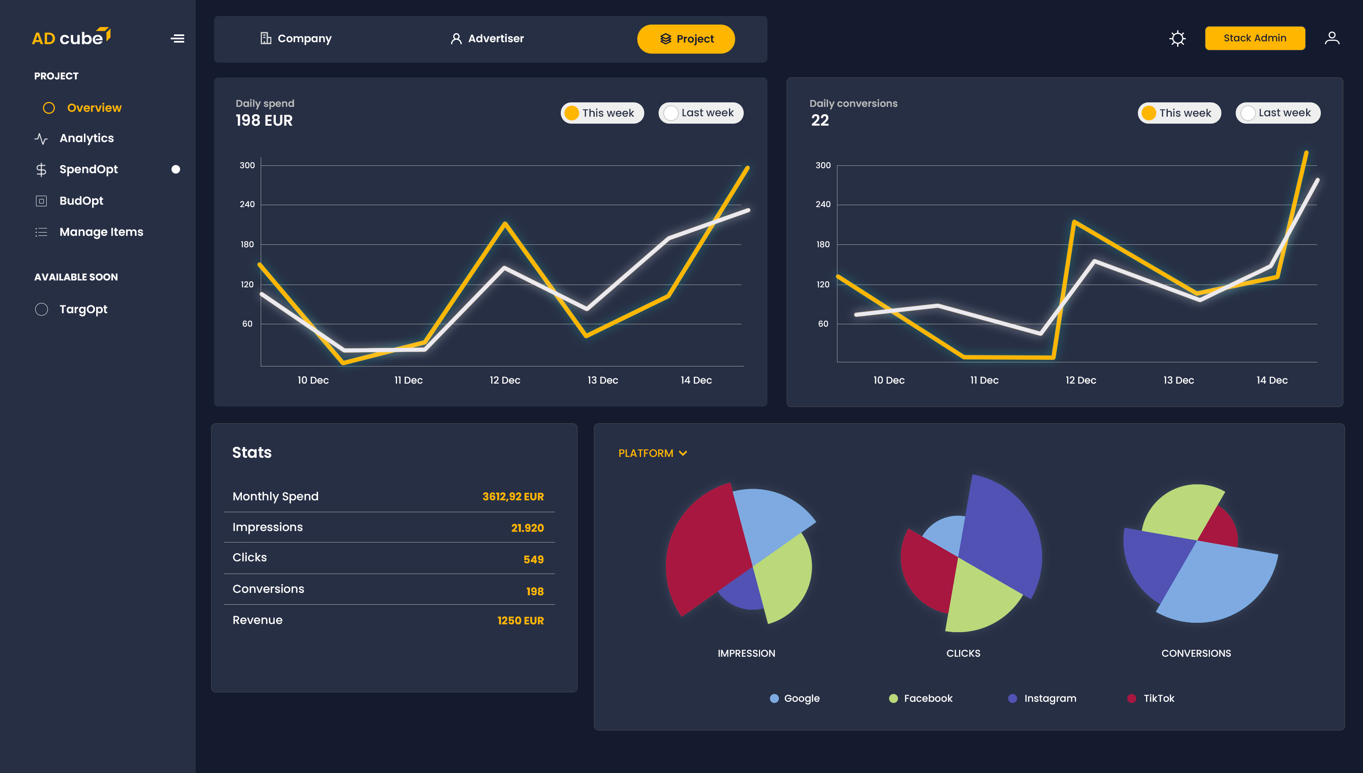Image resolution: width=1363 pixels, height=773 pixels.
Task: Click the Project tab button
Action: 686,39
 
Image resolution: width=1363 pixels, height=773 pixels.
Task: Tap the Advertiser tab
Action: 487,38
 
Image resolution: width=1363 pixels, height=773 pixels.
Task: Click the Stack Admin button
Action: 1254,38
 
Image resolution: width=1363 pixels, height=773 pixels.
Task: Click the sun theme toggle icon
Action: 1177,38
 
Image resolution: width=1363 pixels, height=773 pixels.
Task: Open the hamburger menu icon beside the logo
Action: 177,38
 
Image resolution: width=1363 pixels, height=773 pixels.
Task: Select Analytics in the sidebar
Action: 86,138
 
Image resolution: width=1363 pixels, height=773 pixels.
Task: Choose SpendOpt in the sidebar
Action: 88,170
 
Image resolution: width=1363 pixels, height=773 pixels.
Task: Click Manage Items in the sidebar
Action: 101,232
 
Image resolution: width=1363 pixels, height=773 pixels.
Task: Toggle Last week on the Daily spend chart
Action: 701,113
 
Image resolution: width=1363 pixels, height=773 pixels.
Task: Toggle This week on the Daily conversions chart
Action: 1179,113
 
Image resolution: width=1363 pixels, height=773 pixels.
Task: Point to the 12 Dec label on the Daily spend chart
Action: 505,380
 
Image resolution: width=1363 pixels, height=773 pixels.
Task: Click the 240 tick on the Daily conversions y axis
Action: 823,204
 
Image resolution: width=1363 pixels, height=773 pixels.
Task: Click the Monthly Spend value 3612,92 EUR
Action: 513,496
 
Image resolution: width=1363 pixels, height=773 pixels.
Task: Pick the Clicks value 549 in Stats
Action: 533,559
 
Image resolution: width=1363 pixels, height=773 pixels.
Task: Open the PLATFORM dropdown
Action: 652,453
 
